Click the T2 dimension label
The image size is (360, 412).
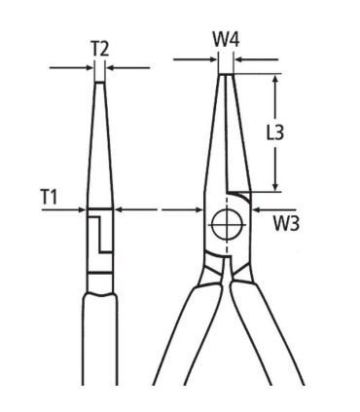(99, 48)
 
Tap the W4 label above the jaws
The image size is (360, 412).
(226, 42)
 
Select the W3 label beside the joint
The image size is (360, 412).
(285, 225)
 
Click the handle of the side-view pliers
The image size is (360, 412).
(100, 351)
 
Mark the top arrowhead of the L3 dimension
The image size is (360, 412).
(276, 79)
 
